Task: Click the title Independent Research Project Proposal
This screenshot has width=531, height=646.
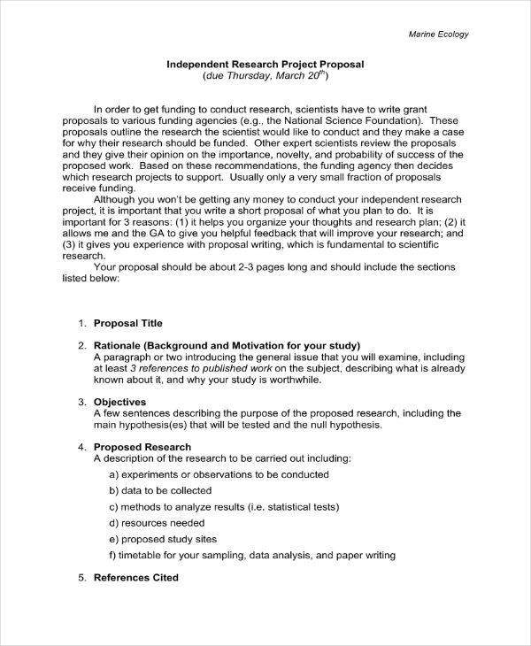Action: click(265, 64)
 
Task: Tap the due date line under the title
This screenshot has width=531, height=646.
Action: click(265, 76)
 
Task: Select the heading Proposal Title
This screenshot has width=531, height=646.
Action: click(127, 323)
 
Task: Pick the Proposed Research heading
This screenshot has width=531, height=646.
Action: click(142, 447)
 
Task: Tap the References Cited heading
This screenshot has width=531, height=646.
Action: click(136, 577)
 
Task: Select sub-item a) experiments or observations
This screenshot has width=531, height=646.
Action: click(205, 474)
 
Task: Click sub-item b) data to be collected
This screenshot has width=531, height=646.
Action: click(160, 490)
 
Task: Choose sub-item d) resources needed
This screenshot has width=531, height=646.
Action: click(154, 522)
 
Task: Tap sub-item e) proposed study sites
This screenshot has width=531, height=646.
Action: click(162, 539)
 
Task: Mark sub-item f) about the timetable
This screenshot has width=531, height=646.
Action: click(251, 555)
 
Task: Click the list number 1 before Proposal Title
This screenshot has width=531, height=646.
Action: click(81, 323)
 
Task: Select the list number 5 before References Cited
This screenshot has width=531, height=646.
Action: click(81, 577)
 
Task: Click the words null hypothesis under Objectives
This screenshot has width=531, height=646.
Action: click(345, 425)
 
